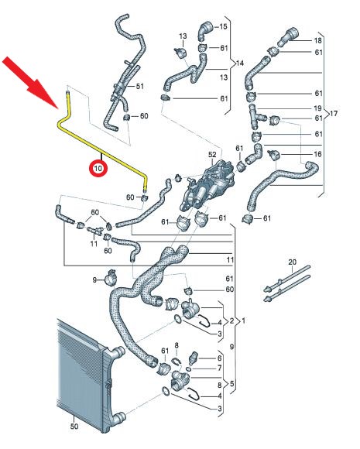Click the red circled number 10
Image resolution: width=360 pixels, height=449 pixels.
(98, 168)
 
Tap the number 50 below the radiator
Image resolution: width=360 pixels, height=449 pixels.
(74, 426)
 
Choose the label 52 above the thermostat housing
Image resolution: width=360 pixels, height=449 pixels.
(212, 155)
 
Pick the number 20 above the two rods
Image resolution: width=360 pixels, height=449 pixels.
(292, 262)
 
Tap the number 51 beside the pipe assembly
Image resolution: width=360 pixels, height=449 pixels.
(140, 86)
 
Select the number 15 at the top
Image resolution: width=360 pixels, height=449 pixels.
(223, 26)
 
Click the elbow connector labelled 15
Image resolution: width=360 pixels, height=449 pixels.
(204, 31)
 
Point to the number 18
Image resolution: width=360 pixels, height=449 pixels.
(318, 41)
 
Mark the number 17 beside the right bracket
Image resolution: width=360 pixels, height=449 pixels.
(334, 114)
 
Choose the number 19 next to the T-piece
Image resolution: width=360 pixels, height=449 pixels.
(317, 108)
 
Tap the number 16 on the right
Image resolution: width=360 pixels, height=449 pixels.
(317, 154)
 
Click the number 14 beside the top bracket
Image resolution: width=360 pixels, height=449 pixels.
(239, 63)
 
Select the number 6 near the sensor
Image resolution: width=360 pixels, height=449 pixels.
(219, 358)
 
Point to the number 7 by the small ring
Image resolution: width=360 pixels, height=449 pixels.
(219, 368)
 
